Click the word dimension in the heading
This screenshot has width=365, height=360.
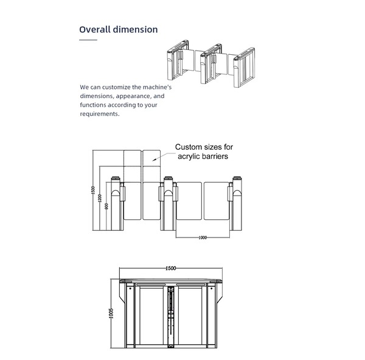click(x=136, y=29)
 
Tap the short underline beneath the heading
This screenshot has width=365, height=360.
click(x=88, y=40)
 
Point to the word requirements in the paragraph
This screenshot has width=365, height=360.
click(x=99, y=114)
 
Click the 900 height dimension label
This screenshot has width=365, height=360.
click(x=106, y=206)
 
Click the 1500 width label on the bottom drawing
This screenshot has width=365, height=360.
click(x=171, y=269)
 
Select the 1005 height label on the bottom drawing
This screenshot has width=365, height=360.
click(x=112, y=314)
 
